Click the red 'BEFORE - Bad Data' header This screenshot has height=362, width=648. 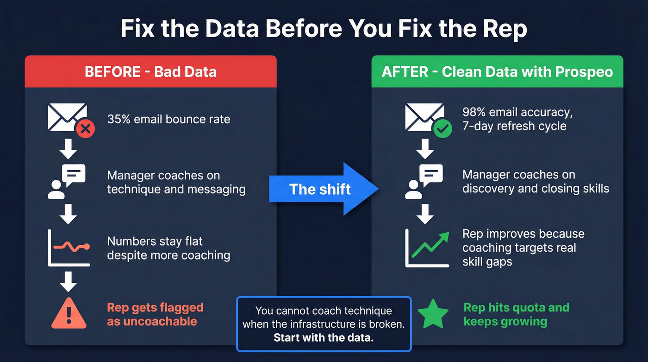pos(150,72)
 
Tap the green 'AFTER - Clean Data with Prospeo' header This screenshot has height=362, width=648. pos(497,72)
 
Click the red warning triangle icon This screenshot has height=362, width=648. pos(69,314)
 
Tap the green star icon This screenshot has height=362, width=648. pos(433,314)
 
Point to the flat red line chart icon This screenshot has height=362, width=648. pos(69,248)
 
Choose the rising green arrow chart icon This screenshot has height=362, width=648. pos(427,248)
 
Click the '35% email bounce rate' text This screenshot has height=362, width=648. pos(168,119)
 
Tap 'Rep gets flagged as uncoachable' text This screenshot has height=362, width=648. pos(155,314)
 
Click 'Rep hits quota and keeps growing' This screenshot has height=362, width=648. pos(516,314)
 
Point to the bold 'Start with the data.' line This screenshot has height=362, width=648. pos(323,337)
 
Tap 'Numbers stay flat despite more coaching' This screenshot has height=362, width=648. pos(168,248)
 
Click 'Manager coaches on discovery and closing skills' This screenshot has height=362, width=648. pos(536,182)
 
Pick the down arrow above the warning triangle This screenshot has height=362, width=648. pos(69,280)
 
